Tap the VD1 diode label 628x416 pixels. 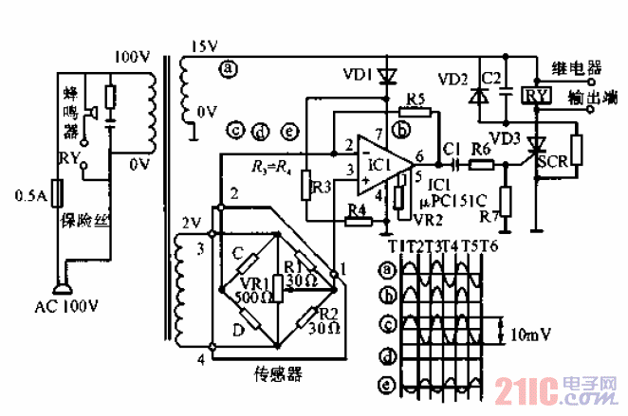point(353,73)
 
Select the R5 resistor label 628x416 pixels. point(415,99)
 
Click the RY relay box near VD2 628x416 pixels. point(536,96)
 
